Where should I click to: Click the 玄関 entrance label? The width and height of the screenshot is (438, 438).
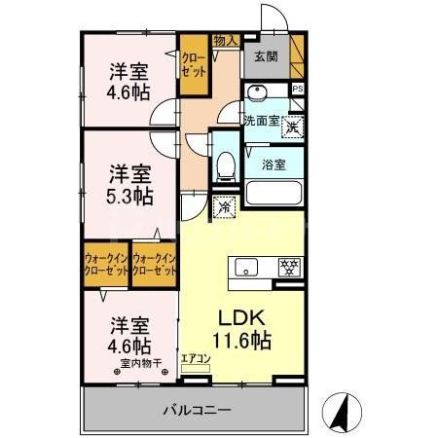265,56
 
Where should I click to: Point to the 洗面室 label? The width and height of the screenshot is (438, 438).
262,121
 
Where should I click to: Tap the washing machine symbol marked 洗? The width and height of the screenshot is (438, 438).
292,126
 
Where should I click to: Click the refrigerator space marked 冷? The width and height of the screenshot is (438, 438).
224,206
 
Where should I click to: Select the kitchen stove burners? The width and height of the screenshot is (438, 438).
290,264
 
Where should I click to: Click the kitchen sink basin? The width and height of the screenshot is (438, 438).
243,264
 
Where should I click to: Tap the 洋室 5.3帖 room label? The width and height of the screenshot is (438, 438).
129,185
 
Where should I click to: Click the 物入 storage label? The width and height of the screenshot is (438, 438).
225,41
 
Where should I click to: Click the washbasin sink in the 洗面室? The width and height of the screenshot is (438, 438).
258,93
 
